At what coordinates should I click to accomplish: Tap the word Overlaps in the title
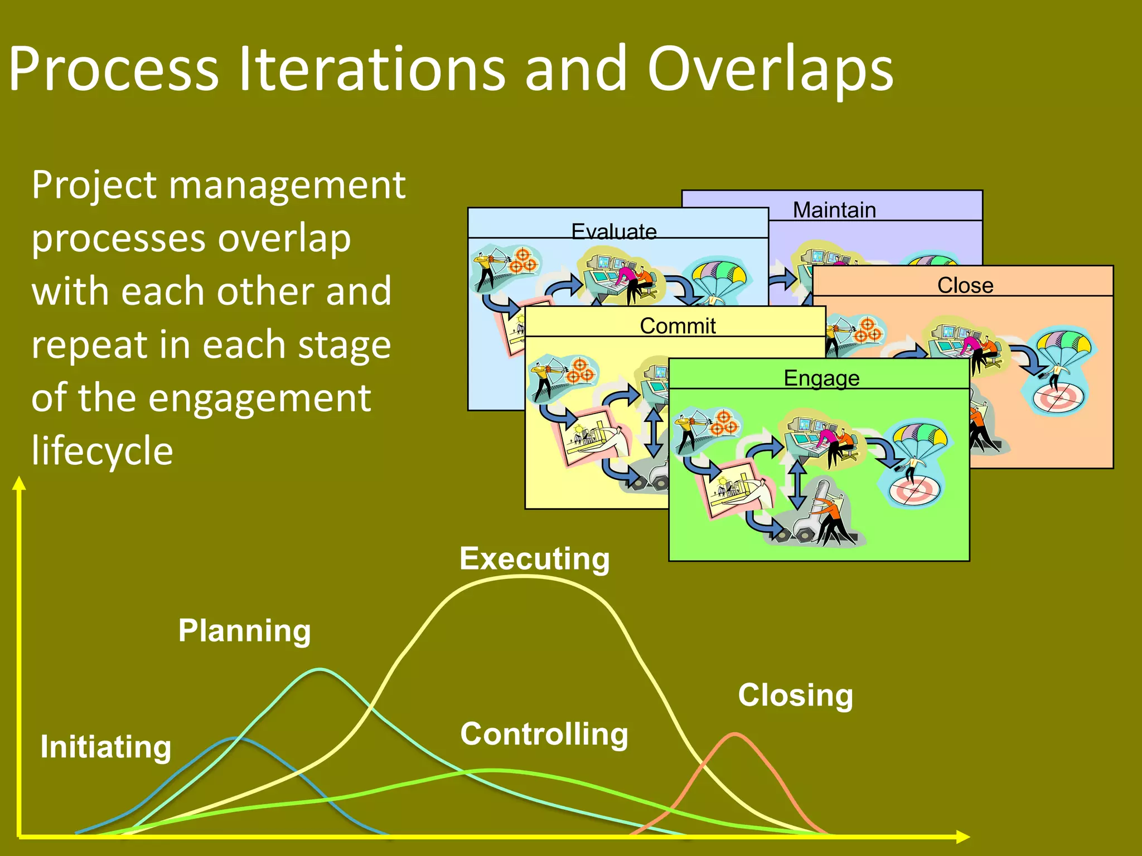(x=770, y=69)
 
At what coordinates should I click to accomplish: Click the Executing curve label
(x=534, y=559)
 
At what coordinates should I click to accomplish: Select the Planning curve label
(x=244, y=631)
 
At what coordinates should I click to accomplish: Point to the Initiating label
(x=105, y=747)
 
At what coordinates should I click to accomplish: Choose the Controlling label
(x=544, y=734)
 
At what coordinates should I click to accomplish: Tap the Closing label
(x=795, y=695)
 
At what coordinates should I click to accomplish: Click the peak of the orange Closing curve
(x=735, y=735)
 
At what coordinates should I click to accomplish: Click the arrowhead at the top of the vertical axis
(x=20, y=483)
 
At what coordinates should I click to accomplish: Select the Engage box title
(x=821, y=378)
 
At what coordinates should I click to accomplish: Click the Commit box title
(x=678, y=326)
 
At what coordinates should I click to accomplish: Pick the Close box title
(x=965, y=285)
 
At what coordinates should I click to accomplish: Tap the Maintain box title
(x=834, y=210)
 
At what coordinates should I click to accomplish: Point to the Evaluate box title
(x=614, y=231)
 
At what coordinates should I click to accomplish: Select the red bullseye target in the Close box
(x=1058, y=398)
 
